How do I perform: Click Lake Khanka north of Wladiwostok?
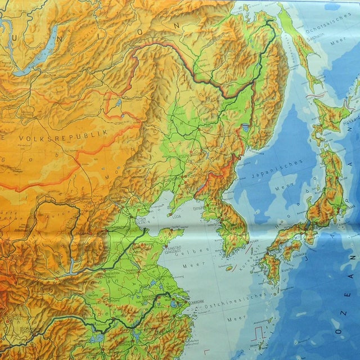point(245,128)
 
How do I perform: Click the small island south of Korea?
point(229,268)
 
